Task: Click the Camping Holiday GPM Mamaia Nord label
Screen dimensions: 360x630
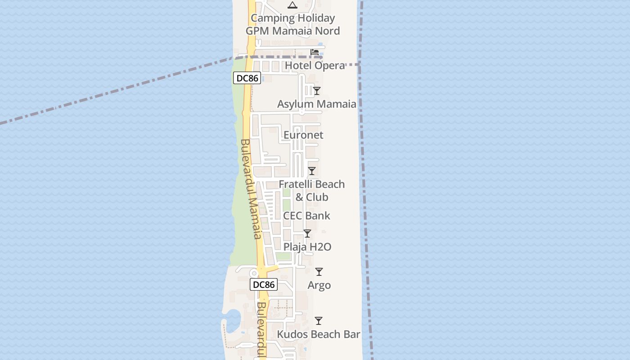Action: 292,24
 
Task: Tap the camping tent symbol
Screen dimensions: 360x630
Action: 292,5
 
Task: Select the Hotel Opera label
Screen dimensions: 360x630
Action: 315,66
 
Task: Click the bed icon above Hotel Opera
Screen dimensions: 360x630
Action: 315,52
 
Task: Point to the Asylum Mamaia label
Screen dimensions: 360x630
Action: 316,104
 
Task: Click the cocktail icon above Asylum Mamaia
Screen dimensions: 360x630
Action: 317,91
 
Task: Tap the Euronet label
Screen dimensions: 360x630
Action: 303,135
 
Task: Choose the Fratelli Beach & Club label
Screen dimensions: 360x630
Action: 311,190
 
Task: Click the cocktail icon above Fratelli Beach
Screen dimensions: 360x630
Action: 311,171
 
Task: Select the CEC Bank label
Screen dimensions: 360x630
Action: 306,216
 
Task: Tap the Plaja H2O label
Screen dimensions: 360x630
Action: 307,247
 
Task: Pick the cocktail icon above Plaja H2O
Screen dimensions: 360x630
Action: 307,234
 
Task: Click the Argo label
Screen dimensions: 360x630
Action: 319,285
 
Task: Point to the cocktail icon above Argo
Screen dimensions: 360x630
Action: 319,272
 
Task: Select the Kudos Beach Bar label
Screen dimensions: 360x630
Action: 319,334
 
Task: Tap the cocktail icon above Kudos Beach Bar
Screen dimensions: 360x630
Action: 319,321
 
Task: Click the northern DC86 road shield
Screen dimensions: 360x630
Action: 247,78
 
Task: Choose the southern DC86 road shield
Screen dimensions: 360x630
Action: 264,284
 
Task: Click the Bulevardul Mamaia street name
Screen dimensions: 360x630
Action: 251,189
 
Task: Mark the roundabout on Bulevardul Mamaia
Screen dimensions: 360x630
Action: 254,273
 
